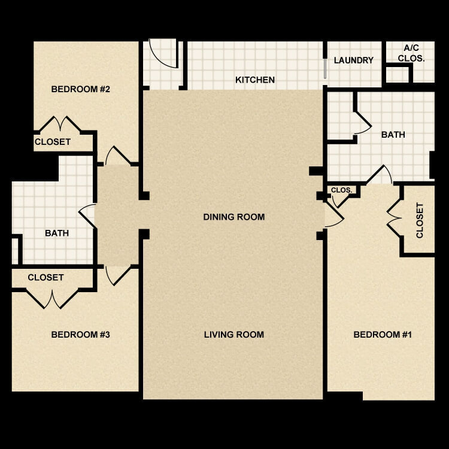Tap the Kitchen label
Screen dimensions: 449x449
coord(255,80)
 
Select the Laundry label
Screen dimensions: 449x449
coord(354,60)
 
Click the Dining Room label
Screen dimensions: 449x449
coord(233,217)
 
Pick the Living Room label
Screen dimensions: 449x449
coord(233,335)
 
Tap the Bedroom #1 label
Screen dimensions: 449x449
coord(383,335)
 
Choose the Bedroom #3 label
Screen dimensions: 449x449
coord(80,335)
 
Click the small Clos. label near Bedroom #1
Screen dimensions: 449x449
coord(342,190)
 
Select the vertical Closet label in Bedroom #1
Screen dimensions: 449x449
coord(420,220)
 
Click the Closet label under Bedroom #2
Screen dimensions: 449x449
coord(53,142)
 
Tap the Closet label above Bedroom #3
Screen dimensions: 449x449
coord(45,278)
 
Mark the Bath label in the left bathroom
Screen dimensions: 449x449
coord(57,233)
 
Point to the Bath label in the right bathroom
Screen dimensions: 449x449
coord(393,135)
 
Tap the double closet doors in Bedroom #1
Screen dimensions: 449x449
coord(393,219)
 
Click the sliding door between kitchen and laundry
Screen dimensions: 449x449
coord(325,66)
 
